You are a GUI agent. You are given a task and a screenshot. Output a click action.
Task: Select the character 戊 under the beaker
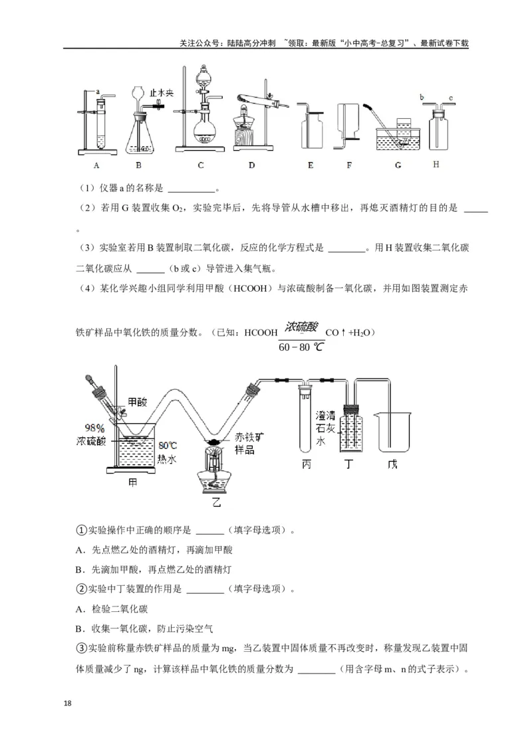coord(392,464)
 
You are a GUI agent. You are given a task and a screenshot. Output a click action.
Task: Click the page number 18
coord(66,703)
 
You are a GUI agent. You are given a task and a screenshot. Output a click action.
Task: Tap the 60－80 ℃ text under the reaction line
coord(301,347)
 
